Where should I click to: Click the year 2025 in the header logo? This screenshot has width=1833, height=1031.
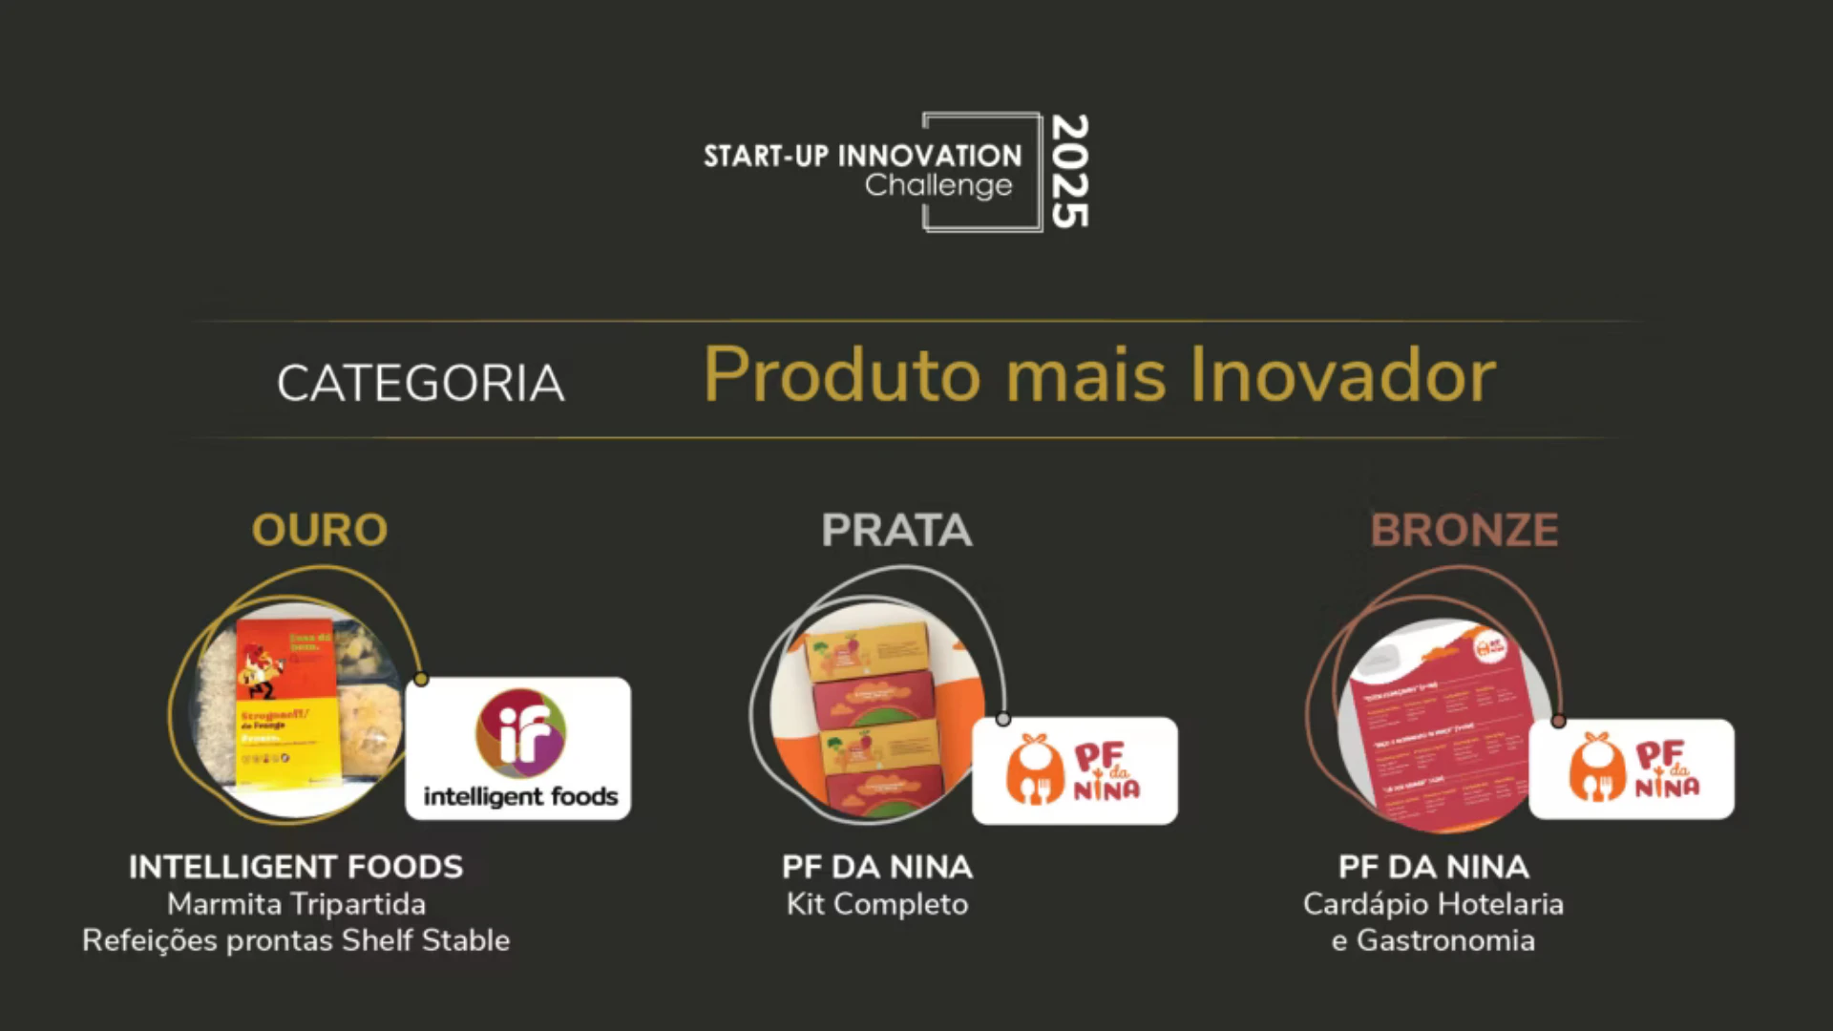point(1069,172)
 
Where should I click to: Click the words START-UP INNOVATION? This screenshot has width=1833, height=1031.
point(862,156)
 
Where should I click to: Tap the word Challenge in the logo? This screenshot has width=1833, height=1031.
point(938,186)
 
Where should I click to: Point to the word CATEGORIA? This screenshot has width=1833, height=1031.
point(420,384)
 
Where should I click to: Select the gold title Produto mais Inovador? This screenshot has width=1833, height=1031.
point(1099,375)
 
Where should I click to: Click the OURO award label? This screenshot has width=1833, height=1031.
point(320,531)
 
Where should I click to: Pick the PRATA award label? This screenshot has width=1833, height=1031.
point(896,531)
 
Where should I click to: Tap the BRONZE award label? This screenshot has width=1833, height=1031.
point(1464,531)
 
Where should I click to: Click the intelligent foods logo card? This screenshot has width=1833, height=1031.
point(518,748)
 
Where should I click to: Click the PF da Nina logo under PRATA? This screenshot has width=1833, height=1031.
point(1075,770)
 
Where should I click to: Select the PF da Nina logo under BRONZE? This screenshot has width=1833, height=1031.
point(1632,768)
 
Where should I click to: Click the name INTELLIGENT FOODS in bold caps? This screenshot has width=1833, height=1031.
point(296,867)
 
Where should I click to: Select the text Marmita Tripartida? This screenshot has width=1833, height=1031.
point(296,904)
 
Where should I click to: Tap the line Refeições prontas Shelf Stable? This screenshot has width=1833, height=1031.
point(296,940)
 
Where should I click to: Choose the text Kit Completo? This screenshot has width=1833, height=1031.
point(877,904)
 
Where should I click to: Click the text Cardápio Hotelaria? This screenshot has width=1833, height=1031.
point(1433,904)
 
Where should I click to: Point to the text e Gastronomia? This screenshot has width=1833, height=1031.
point(1433,940)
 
